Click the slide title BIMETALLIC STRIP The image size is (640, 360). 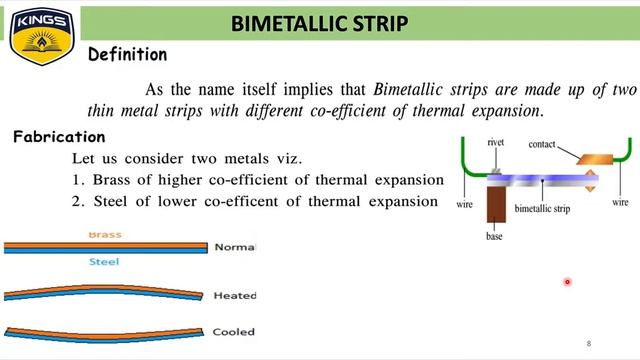click(319, 23)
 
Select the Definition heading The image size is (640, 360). click(127, 55)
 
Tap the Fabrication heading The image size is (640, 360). click(59, 137)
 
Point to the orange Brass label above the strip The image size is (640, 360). click(105, 235)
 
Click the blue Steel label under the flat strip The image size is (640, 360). click(105, 262)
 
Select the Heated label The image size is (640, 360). click(235, 296)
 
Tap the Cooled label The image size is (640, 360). click(234, 332)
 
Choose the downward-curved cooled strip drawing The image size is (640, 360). click(105, 331)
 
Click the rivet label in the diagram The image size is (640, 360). click(496, 143)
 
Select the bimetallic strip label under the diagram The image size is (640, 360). click(542, 208)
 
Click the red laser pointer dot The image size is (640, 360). click(567, 282)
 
